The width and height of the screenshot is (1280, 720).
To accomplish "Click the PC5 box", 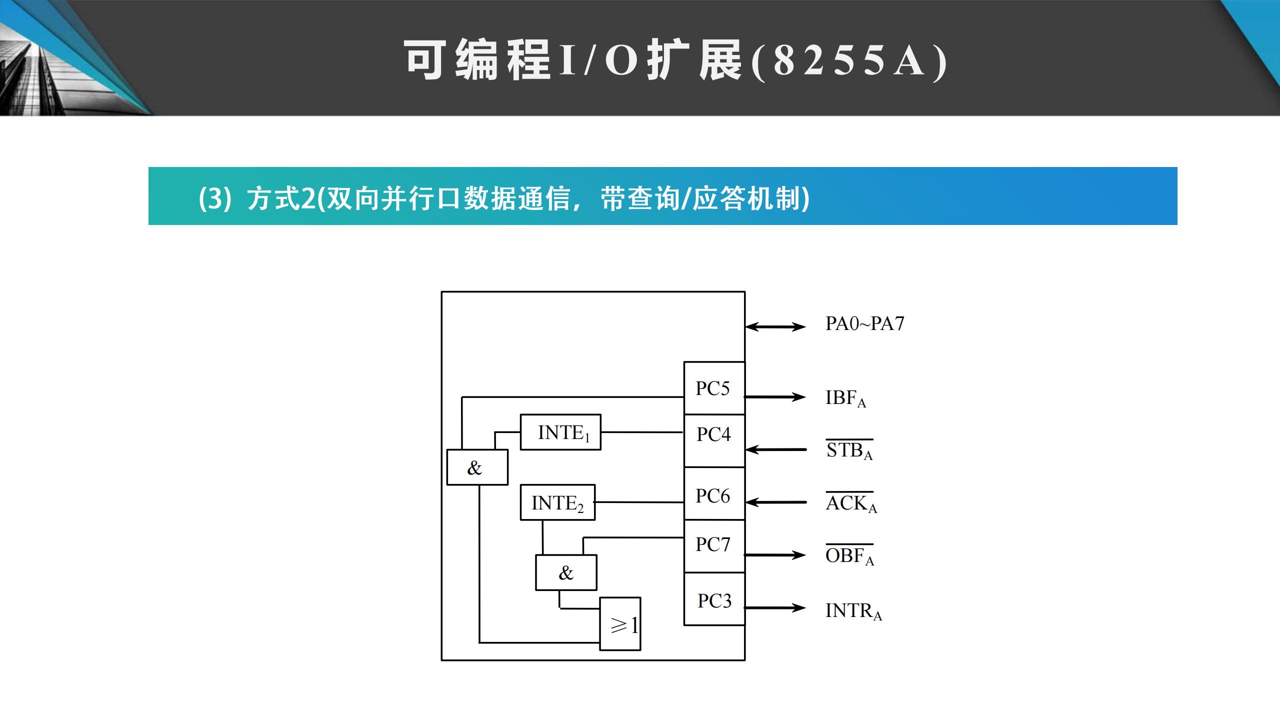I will pos(713,388).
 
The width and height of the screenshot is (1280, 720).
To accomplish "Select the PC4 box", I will pos(713,440).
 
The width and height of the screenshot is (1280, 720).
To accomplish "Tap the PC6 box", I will pos(713,493).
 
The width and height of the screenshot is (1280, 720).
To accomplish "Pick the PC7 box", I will pos(713,546).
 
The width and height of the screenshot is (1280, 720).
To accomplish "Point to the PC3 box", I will pos(713,599).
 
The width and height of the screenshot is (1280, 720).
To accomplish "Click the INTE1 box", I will pos(560,432).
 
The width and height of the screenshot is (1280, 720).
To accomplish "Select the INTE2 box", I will pos(557,502).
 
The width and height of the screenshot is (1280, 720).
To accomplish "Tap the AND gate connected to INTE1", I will pos(477,467).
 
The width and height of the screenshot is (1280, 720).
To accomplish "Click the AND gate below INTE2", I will pos(566,572).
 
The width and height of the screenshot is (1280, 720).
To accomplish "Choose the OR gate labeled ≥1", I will pos(620,624).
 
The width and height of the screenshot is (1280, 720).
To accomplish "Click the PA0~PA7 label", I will pos(864,323).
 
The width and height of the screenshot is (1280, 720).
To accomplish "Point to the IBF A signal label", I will pos(845,398).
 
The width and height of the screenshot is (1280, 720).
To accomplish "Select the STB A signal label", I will pos(849,450).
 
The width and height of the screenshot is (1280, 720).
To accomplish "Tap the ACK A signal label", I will pos(851,503).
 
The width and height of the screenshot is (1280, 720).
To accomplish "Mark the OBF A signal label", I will pos(849,555).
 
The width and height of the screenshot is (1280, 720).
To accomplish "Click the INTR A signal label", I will pos(853,611).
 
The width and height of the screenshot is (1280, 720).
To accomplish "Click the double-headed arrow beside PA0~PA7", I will pos(775,327).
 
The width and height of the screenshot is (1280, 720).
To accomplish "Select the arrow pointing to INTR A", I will pos(775,608).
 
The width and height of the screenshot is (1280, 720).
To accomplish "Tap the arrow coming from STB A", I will pos(775,449).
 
